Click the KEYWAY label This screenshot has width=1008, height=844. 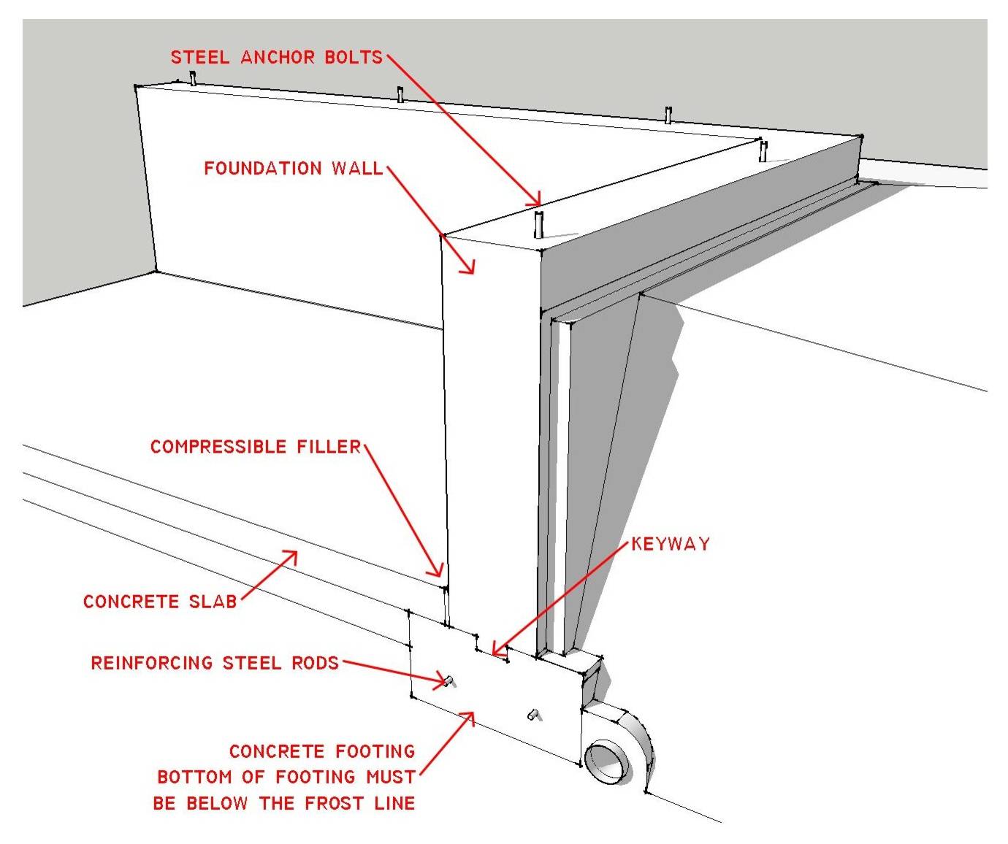(x=670, y=544)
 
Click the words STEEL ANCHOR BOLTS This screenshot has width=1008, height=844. (x=276, y=58)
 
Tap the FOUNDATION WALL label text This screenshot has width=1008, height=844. (x=293, y=169)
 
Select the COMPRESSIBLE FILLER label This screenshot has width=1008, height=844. (x=256, y=447)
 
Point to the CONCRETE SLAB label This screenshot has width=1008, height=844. (x=160, y=602)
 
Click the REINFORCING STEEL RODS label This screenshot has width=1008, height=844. (x=215, y=663)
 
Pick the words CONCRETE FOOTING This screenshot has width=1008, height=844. (x=321, y=751)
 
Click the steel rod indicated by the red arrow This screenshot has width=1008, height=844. (x=448, y=681)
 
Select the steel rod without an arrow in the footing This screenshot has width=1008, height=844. (x=534, y=714)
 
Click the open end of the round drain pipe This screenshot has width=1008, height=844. (x=606, y=762)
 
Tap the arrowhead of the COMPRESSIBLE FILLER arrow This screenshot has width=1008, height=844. (x=440, y=573)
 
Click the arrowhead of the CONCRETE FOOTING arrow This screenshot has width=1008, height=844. (x=471, y=714)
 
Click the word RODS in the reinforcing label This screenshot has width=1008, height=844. (x=313, y=663)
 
